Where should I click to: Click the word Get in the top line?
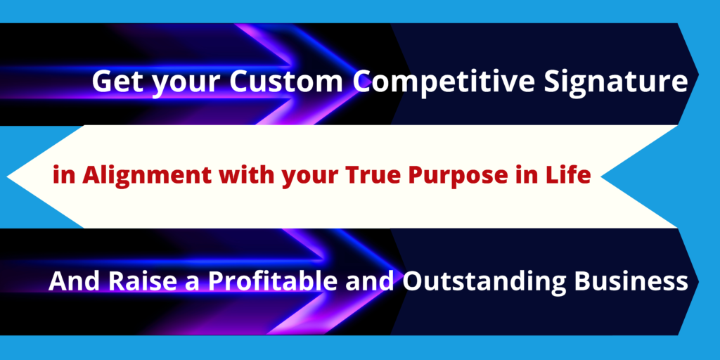[118, 81]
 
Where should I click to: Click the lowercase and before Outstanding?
[370, 281]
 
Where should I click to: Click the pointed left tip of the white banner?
[7, 176]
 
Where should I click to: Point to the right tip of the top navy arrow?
[698, 74]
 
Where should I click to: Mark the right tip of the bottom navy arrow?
[698, 281]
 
